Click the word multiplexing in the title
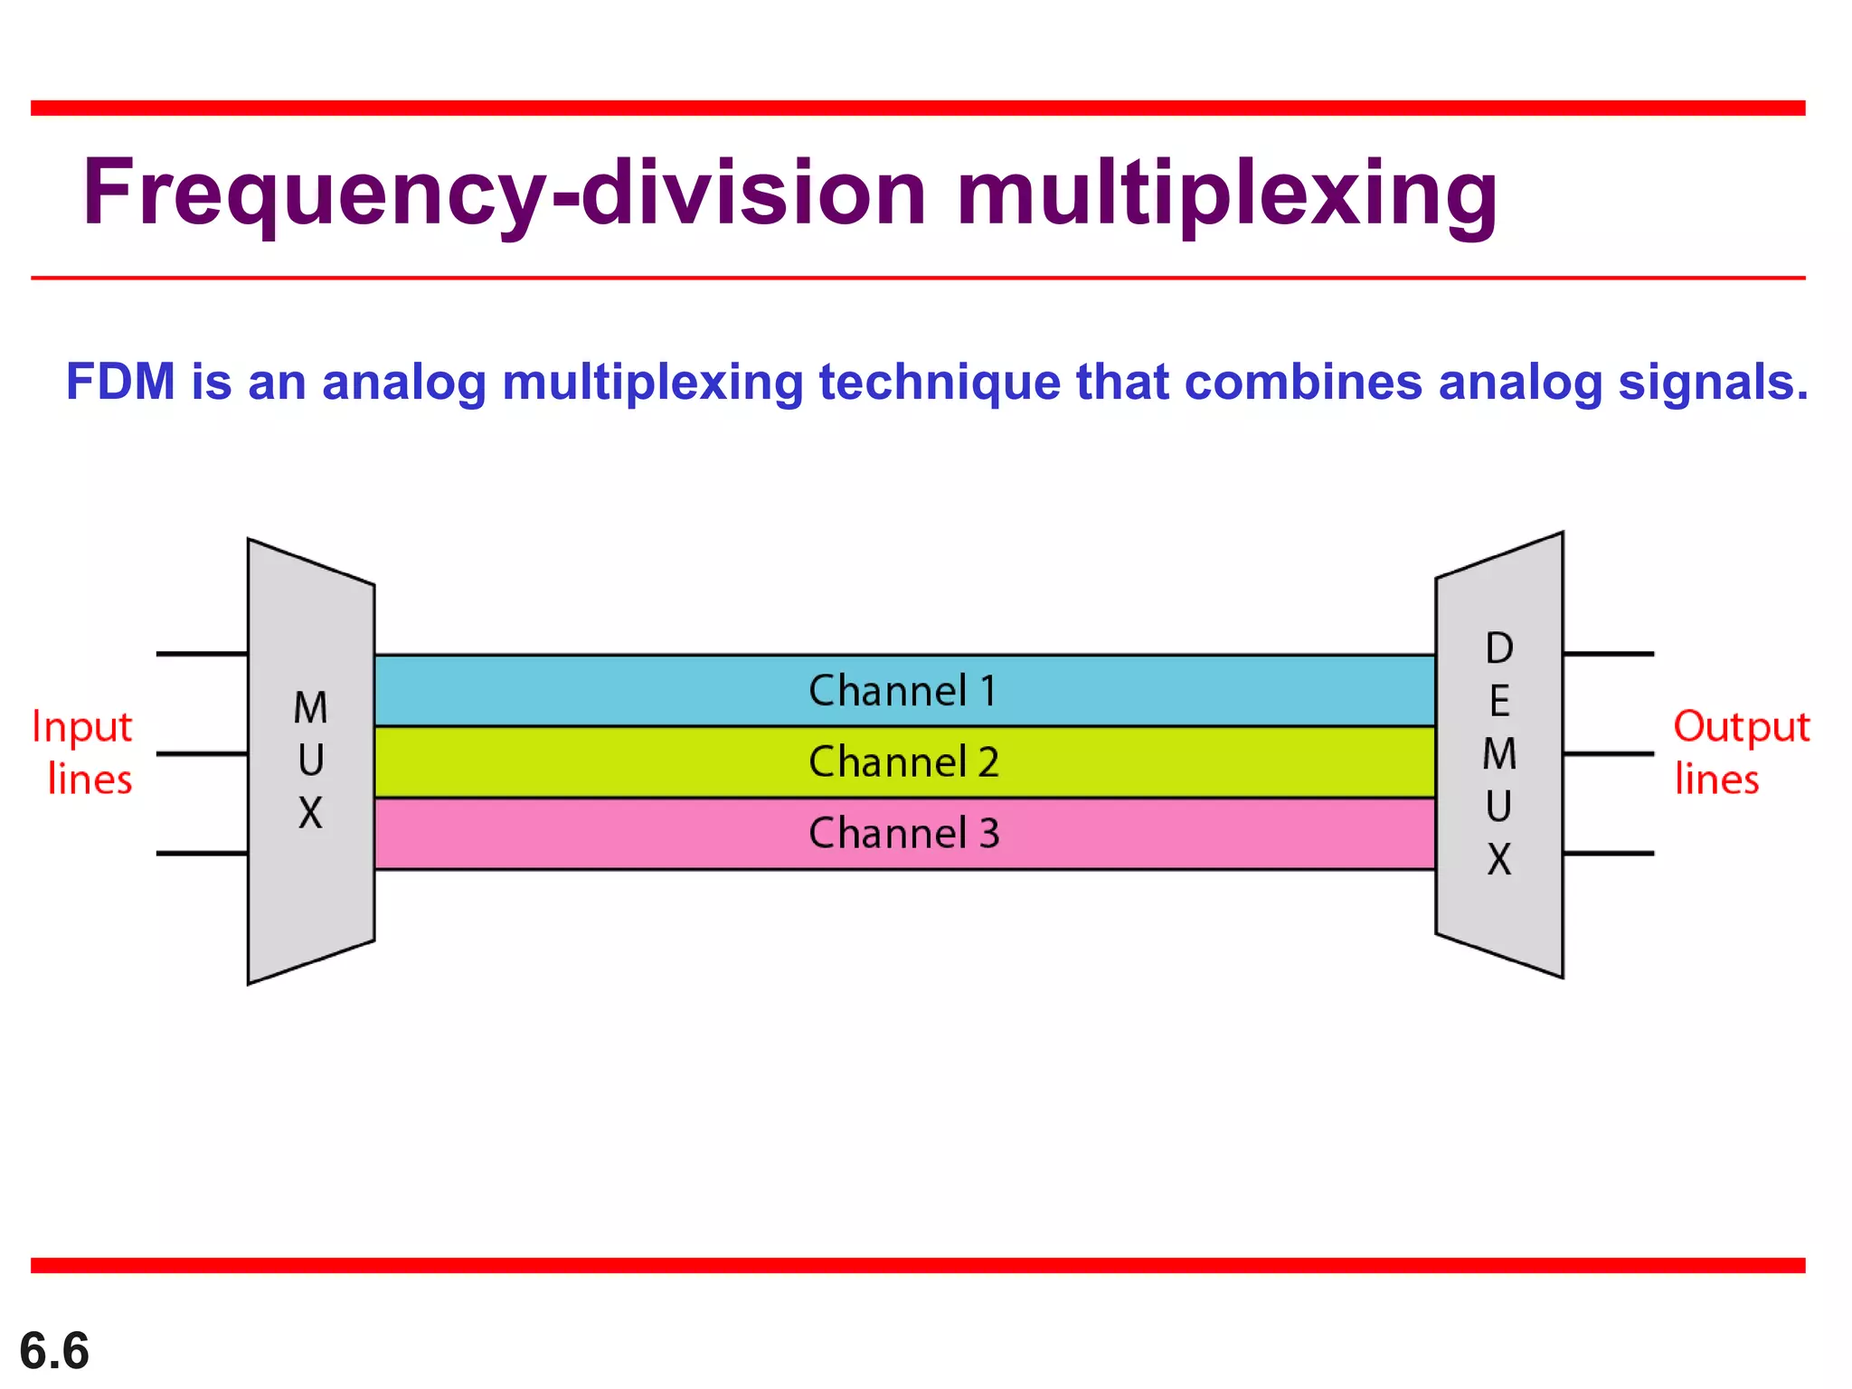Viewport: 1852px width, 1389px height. coord(1226,193)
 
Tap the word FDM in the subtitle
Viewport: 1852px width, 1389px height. coord(120,382)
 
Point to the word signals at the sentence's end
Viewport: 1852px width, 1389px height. coord(1712,382)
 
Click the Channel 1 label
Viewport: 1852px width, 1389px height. coord(902,691)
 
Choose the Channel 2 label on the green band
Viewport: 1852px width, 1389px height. coord(902,762)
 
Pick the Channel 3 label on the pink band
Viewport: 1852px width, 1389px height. coord(902,833)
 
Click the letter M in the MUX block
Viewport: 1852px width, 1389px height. coord(310,708)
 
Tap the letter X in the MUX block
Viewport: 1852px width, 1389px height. coord(310,813)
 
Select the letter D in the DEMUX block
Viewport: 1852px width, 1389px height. coord(1498,648)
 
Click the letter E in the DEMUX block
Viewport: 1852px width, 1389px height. coord(1498,701)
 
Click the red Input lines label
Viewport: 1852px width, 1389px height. coord(83,752)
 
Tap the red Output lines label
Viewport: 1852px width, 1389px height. coord(1739,752)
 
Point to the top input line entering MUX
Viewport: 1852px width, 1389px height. coord(201,653)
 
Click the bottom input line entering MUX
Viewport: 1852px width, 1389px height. coord(201,853)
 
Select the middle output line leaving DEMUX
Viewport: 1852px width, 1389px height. coord(1608,753)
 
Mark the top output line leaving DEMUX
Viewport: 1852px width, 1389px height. coord(1608,653)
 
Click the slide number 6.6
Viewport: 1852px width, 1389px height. coord(54,1351)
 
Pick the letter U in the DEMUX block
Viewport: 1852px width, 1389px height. coord(1498,806)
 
